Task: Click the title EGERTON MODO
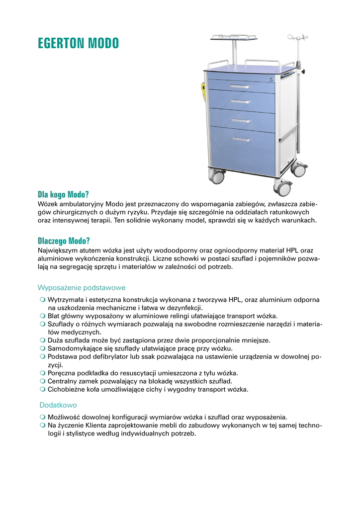point(79,44)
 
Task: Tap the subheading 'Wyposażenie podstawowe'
point(82,288)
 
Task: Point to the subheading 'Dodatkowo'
point(57,405)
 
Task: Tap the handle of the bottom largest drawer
point(241,139)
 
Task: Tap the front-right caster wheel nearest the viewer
point(283,188)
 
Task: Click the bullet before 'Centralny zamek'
point(43,381)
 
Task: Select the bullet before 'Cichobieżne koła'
point(43,389)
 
